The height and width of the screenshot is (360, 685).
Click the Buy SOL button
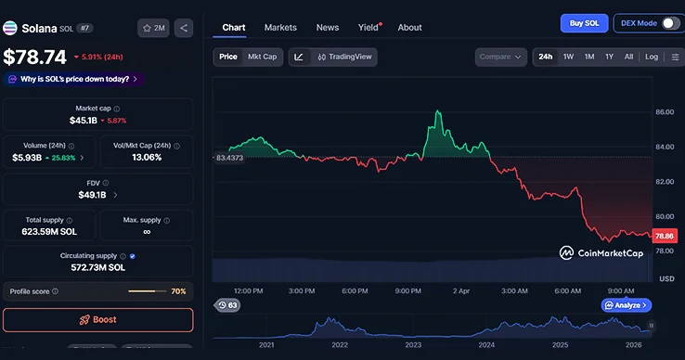pyautogui.click(x=584, y=23)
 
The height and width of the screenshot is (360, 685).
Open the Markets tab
pyautogui.click(x=281, y=28)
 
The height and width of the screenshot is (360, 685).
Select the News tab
pyautogui.click(x=327, y=28)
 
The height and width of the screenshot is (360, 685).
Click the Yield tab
pyautogui.click(x=368, y=28)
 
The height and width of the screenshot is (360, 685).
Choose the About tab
pyautogui.click(x=409, y=28)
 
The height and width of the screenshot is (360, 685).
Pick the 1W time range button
pyautogui.click(x=568, y=57)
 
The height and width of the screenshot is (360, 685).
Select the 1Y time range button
pyautogui.click(x=609, y=57)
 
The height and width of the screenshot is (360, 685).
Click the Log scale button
pyautogui.click(x=652, y=57)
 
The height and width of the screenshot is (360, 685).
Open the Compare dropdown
pyautogui.click(x=501, y=57)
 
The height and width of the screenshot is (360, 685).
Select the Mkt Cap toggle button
pyautogui.click(x=262, y=57)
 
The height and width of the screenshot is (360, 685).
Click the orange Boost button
pyautogui.click(x=97, y=319)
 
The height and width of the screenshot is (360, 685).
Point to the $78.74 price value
pyautogui.click(x=35, y=57)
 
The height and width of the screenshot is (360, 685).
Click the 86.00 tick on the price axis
pyautogui.click(x=665, y=112)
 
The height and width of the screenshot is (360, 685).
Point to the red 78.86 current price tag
pyautogui.click(x=665, y=237)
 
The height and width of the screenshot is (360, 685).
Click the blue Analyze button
pyautogui.click(x=626, y=304)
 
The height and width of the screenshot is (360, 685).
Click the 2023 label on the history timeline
pyautogui.click(x=413, y=345)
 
